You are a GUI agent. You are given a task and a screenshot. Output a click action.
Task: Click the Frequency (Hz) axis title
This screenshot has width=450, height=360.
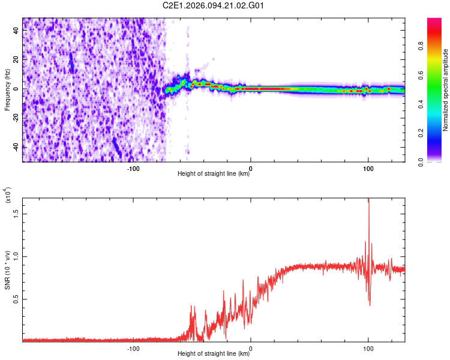click(7, 90)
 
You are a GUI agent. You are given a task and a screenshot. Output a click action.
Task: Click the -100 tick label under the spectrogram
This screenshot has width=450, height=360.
click(133, 168)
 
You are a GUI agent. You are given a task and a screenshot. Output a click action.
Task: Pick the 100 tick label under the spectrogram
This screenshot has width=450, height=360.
click(368, 168)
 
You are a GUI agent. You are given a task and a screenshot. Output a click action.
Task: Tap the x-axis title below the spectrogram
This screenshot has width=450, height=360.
click(214, 174)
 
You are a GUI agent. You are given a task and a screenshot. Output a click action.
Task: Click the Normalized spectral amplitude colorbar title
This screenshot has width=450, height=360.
click(445, 90)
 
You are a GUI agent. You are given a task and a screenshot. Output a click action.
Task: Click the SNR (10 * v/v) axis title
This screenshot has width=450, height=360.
click(7, 273)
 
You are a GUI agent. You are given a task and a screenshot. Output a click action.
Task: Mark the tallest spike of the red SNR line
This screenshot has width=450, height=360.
click(368, 200)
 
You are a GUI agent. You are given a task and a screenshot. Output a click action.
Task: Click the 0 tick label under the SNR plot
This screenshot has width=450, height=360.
click(251, 348)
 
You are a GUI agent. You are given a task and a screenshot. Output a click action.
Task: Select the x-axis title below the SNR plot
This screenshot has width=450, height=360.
click(214, 354)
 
